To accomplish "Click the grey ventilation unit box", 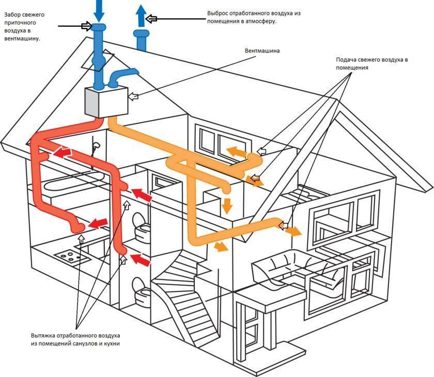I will tap(106, 101).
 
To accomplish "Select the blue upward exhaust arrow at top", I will tap(139, 14).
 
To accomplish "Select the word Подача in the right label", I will tap(342, 60).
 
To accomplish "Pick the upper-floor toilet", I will tap(140, 225).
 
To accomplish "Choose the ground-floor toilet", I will tap(140, 289).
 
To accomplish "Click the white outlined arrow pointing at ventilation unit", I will tap(133, 96).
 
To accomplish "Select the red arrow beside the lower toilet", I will tap(142, 258).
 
